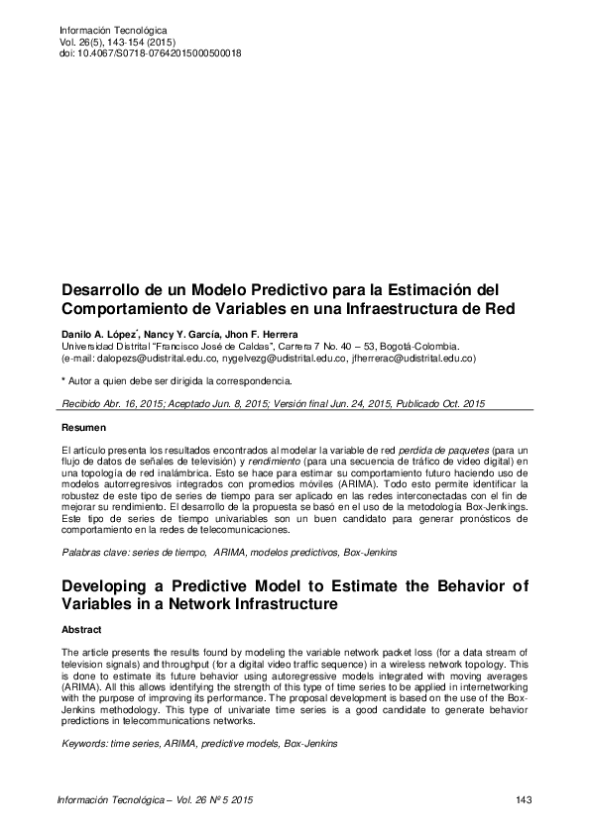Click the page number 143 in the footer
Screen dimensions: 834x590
click(526, 798)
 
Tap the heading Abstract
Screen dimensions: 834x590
click(81, 629)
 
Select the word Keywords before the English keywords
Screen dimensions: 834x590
click(84, 742)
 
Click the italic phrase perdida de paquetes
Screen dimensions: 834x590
click(462, 451)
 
